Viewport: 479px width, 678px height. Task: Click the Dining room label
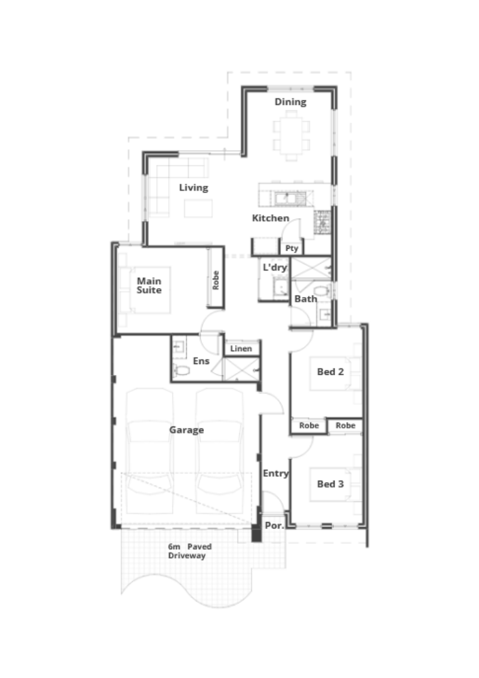point(290,102)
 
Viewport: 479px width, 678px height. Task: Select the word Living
point(194,188)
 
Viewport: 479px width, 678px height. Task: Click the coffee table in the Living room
point(199,208)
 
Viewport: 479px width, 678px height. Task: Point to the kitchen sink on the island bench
point(286,199)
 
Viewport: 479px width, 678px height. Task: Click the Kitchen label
point(270,218)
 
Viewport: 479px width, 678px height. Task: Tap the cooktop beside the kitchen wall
point(322,222)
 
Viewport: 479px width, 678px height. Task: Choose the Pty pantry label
point(291,248)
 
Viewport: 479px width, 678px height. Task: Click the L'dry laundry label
point(274,267)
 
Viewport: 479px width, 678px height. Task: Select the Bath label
point(306,299)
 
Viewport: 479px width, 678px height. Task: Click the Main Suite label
point(149,285)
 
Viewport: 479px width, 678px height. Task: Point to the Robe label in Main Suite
point(215,280)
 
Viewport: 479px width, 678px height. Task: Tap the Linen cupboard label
point(241,348)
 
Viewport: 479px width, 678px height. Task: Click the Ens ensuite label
point(201,361)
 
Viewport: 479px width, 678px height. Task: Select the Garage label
point(186,430)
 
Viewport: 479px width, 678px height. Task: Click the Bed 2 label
point(331,372)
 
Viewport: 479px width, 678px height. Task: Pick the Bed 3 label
point(331,484)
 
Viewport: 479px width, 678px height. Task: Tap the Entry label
point(276,473)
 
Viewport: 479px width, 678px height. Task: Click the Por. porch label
point(274,525)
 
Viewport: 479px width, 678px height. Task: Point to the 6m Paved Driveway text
point(190,551)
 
